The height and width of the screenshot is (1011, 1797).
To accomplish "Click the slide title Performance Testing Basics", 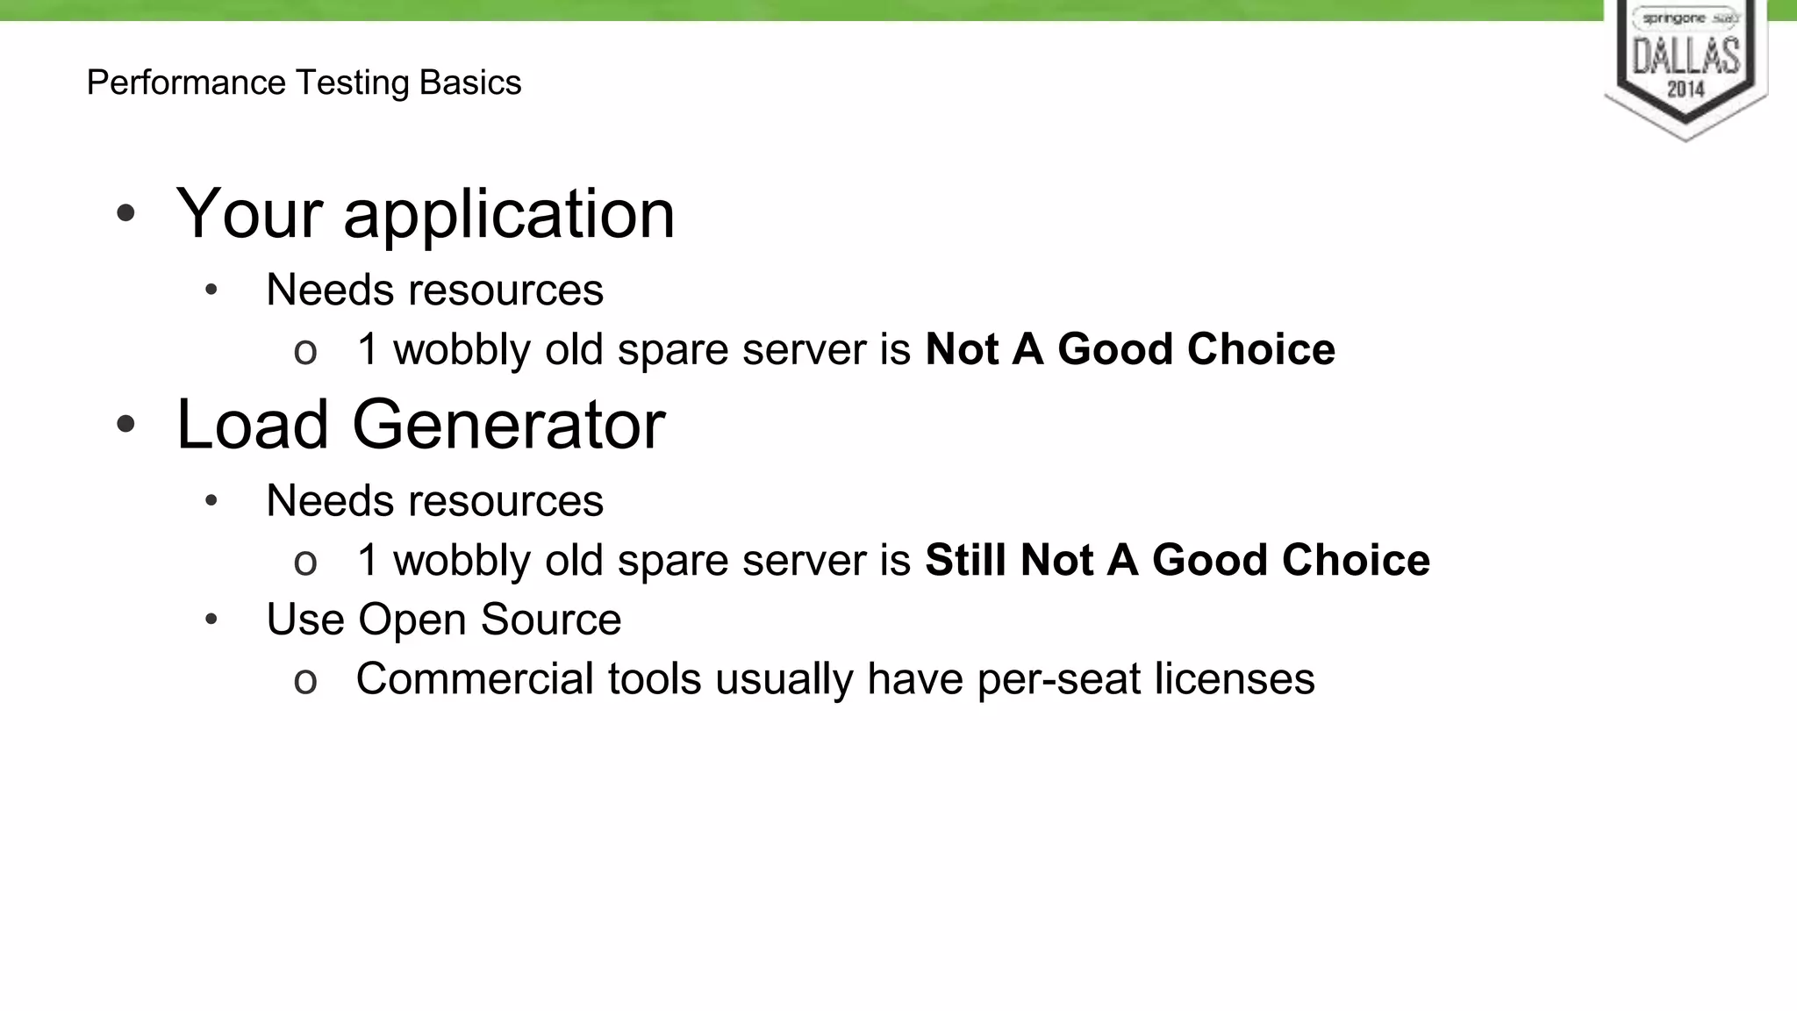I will [x=304, y=82].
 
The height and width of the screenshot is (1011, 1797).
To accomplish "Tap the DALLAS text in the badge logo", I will [x=1686, y=56].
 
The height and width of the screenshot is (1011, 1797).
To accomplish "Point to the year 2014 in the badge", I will [x=1686, y=90].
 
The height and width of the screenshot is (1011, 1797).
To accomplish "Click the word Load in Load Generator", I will [x=253, y=425].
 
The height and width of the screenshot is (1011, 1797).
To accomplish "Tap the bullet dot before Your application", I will [x=126, y=213].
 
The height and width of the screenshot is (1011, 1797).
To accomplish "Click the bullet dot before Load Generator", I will [x=126, y=425].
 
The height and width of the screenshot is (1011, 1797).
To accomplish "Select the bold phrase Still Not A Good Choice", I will [x=1178, y=560].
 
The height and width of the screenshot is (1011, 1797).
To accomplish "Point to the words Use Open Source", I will [x=444, y=620].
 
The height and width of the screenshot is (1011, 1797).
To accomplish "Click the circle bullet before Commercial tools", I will [x=305, y=681].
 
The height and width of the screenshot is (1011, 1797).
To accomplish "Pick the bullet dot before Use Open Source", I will [x=211, y=620].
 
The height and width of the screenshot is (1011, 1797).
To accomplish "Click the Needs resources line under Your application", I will [x=434, y=290].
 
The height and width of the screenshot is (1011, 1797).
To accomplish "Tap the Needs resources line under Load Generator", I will [x=434, y=501].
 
